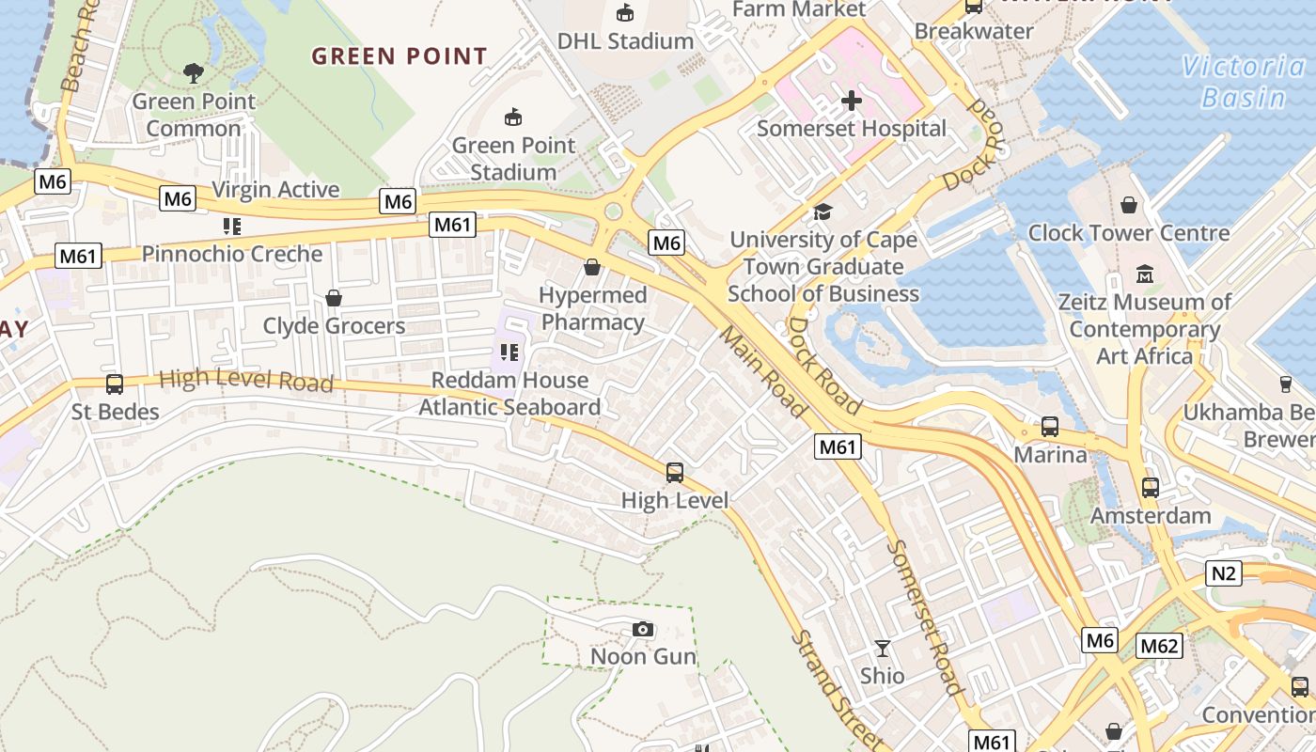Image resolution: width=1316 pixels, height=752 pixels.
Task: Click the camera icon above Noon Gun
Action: point(643,629)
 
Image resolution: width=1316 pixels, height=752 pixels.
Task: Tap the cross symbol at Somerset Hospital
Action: point(852,101)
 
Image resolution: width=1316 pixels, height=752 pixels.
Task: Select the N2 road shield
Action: point(1224,572)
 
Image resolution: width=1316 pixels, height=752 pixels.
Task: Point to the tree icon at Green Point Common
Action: point(194,73)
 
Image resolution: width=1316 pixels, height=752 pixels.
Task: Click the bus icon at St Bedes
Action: point(115,384)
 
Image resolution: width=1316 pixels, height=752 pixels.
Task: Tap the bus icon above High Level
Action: point(674,473)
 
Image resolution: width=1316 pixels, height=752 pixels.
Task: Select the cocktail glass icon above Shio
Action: point(882,649)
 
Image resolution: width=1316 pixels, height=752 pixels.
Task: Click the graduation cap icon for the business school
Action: point(822,212)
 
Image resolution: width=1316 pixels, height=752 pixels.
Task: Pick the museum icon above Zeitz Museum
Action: point(1144,274)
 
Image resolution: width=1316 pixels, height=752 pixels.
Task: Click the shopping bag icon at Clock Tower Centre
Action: point(1128,205)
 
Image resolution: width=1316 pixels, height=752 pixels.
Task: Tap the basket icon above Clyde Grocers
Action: point(333,299)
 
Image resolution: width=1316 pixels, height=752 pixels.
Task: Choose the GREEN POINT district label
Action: point(399,56)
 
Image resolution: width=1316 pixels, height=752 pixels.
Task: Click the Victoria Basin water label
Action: point(1243,82)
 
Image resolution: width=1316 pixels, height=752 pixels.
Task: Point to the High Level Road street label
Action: point(245,381)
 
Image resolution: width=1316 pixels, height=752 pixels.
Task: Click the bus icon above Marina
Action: point(1049,427)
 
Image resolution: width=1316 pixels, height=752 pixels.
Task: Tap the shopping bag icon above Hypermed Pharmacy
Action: point(591,268)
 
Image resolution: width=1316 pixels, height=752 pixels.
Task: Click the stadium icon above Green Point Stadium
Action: point(512,117)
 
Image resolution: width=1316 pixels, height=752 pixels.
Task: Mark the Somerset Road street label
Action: point(925,617)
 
